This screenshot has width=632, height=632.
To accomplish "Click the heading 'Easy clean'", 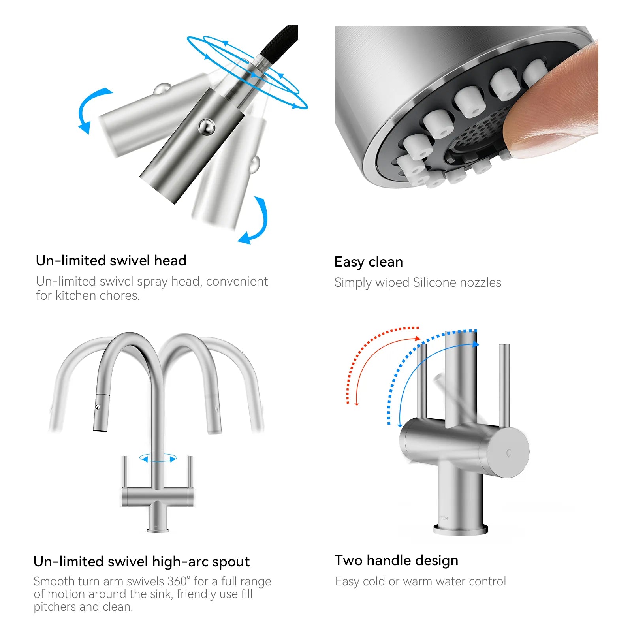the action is click(x=369, y=262).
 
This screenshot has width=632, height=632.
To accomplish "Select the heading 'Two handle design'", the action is click(x=397, y=561).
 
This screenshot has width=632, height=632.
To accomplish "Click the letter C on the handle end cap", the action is click(x=509, y=453).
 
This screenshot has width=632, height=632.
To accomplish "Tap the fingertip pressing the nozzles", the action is click(x=553, y=103).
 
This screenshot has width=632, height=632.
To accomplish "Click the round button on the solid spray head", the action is click(x=206, y=127).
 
